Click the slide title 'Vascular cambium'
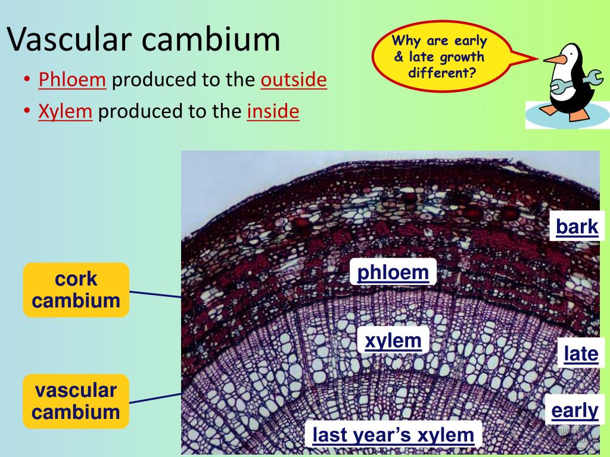tap(144, 39)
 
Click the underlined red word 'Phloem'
tap(72, 80)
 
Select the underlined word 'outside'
tap(294, 80)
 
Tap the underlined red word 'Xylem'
tap(66, 111)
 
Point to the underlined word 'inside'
tap(273, 111)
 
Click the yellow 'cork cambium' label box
tap(76, 290)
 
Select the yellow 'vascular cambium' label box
tap(76, 402)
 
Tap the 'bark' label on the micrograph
tap(577, 226)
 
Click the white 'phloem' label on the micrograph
tap(393, 271)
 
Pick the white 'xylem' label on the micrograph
tap(393, 340)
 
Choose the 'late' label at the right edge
tap(581, 353)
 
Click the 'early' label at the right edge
tap(575, 411)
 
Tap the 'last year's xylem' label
tap(393, 434)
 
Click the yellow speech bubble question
tap(440, 57)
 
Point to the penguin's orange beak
tap(555, 59)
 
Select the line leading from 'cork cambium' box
tap(155, 294)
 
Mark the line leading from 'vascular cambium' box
tap(155, 398)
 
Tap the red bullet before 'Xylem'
tap(27, 110)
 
